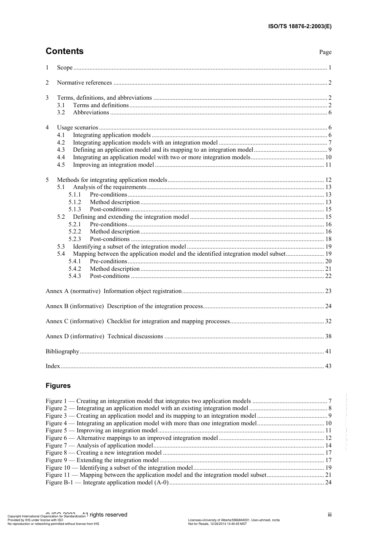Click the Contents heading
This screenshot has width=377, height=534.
coord(65,51)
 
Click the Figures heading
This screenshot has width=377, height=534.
coord(58,386)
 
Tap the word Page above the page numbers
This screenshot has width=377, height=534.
coord(325,52)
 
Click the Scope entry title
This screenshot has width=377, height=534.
coord(65,67)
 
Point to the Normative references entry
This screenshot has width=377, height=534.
coord(84,83)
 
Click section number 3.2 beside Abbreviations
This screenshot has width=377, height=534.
coord(61,113)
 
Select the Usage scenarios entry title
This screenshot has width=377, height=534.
coord(77,127)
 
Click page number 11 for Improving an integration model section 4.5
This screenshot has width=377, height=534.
coord(328,165)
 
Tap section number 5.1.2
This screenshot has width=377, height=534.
coord(75,202)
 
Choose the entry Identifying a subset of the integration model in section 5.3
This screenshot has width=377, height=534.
coord(129,247)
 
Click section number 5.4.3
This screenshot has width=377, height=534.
coord(75,276)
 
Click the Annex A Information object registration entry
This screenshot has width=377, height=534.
coord(113,291)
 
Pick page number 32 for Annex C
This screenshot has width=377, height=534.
coord(328,321)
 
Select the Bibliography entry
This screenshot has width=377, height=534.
coord(62,351)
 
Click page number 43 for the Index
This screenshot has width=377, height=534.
coord(328,366)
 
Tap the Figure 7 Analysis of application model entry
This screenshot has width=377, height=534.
coord(99,445)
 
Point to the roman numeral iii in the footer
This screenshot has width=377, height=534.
coord(329,515)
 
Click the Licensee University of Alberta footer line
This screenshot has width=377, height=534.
coord(234,520)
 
